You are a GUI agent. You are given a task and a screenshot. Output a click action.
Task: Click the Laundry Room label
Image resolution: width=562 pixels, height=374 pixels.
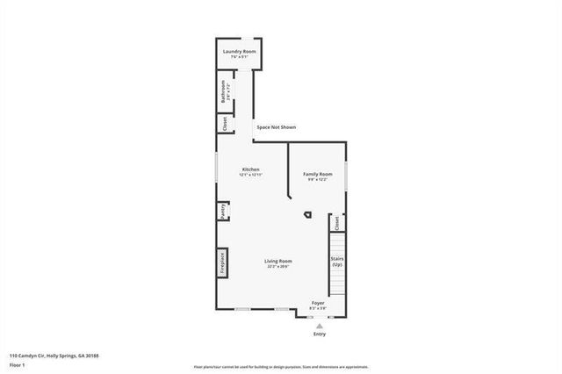239,52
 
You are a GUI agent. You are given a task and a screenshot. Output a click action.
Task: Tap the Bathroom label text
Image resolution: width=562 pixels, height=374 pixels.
224,91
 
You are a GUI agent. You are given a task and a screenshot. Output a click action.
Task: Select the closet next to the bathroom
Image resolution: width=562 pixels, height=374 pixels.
224,123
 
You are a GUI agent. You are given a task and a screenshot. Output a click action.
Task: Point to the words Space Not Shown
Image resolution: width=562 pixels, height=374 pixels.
276,128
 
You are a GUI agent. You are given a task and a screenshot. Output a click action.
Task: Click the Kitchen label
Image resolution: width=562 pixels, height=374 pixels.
251,169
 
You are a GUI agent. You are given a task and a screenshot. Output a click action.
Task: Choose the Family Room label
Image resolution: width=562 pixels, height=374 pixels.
317,174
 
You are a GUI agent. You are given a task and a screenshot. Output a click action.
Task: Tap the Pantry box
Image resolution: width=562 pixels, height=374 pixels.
223,212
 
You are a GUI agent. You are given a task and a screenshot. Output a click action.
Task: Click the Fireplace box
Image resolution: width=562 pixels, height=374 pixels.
223,263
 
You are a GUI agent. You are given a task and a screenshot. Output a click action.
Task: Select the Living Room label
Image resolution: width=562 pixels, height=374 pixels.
279,261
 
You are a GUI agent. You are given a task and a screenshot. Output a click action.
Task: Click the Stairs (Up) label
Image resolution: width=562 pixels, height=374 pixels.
336,261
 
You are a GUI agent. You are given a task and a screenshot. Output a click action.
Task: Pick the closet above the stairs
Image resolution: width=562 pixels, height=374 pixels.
336,223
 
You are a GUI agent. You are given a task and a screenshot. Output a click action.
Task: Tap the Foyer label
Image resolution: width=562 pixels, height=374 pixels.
317,303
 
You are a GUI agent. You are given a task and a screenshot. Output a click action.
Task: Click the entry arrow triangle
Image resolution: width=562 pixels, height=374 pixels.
318,325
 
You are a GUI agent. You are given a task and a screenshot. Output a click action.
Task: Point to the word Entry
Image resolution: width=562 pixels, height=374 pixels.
319,334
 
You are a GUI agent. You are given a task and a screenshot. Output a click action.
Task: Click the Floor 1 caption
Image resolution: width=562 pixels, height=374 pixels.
17,363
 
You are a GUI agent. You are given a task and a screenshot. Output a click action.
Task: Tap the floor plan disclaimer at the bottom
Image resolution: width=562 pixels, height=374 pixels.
280,366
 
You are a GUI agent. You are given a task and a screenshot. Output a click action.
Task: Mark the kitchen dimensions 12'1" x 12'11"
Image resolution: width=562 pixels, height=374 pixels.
251,175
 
